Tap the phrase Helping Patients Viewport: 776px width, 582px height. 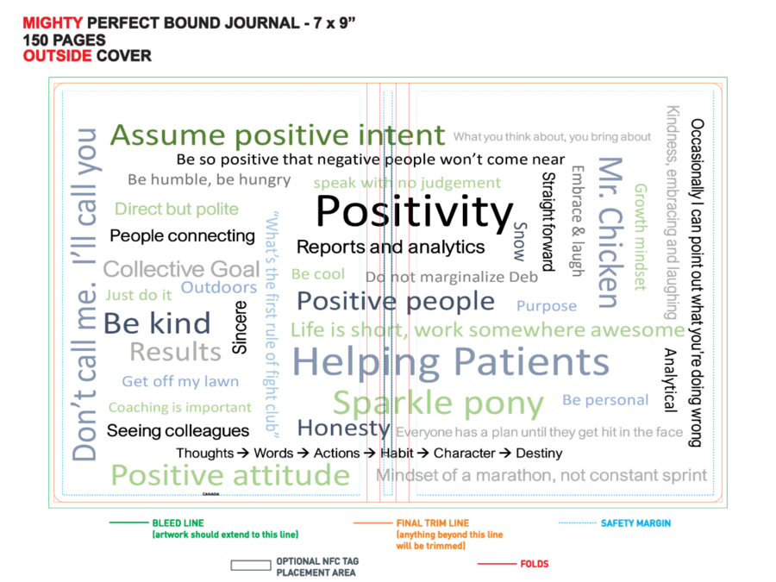(x=451, y=362)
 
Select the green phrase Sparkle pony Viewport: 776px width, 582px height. (x=439, y=404)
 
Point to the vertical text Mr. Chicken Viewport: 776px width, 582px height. (x=610, y=233)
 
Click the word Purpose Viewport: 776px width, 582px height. (x=547, y=306)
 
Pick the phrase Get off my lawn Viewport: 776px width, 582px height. (x=180, y=382)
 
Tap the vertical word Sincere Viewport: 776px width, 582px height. (x=240, y=327)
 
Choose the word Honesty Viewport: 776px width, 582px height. (x=343, y=428)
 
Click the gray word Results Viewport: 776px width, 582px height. (x=175, y=352)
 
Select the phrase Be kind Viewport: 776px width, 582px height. (x=157, y=323)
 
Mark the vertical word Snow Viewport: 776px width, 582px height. (x=520, y=241)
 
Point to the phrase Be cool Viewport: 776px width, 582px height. (x=317, y=274)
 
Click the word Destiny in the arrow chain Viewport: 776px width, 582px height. (x=539, y=454)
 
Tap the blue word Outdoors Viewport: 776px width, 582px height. (x=219, y=287)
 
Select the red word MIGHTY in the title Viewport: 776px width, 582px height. (x=53, y=23)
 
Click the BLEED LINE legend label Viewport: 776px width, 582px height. (x=178, y=523)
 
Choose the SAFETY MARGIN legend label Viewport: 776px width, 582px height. (x=636, y=523)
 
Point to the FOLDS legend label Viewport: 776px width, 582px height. (x=535, y=564)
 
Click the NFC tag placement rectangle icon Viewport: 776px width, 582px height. (x=251, y=565)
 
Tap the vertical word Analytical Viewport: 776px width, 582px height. (x=670, y=380)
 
